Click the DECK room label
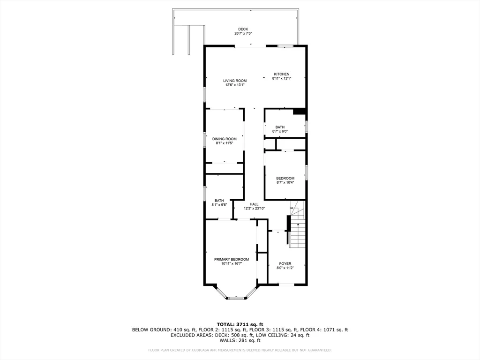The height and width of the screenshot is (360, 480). pos(243,29)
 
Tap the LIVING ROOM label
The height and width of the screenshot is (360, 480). pos(234,81)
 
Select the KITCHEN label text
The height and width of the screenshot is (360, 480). pos(282,74)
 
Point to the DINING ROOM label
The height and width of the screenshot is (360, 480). pos(224,139)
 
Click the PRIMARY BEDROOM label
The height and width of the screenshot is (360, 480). pos(231,259)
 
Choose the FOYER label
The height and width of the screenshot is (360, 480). pos(285,263)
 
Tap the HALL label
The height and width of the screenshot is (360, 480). pos(254,204)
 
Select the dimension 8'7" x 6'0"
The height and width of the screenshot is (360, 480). pos(280,131)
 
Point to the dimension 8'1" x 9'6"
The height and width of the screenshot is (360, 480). pos(219,205)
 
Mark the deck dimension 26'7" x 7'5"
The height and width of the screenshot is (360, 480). pos(243,34)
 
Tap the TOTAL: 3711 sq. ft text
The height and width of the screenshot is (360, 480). pos(240,324)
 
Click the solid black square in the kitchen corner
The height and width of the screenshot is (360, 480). pos(299,112)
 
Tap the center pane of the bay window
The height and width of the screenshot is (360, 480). pos(236,298)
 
